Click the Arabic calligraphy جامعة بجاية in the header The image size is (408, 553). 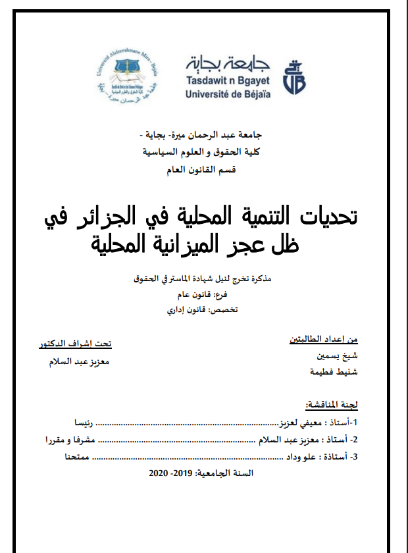point(228,63)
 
